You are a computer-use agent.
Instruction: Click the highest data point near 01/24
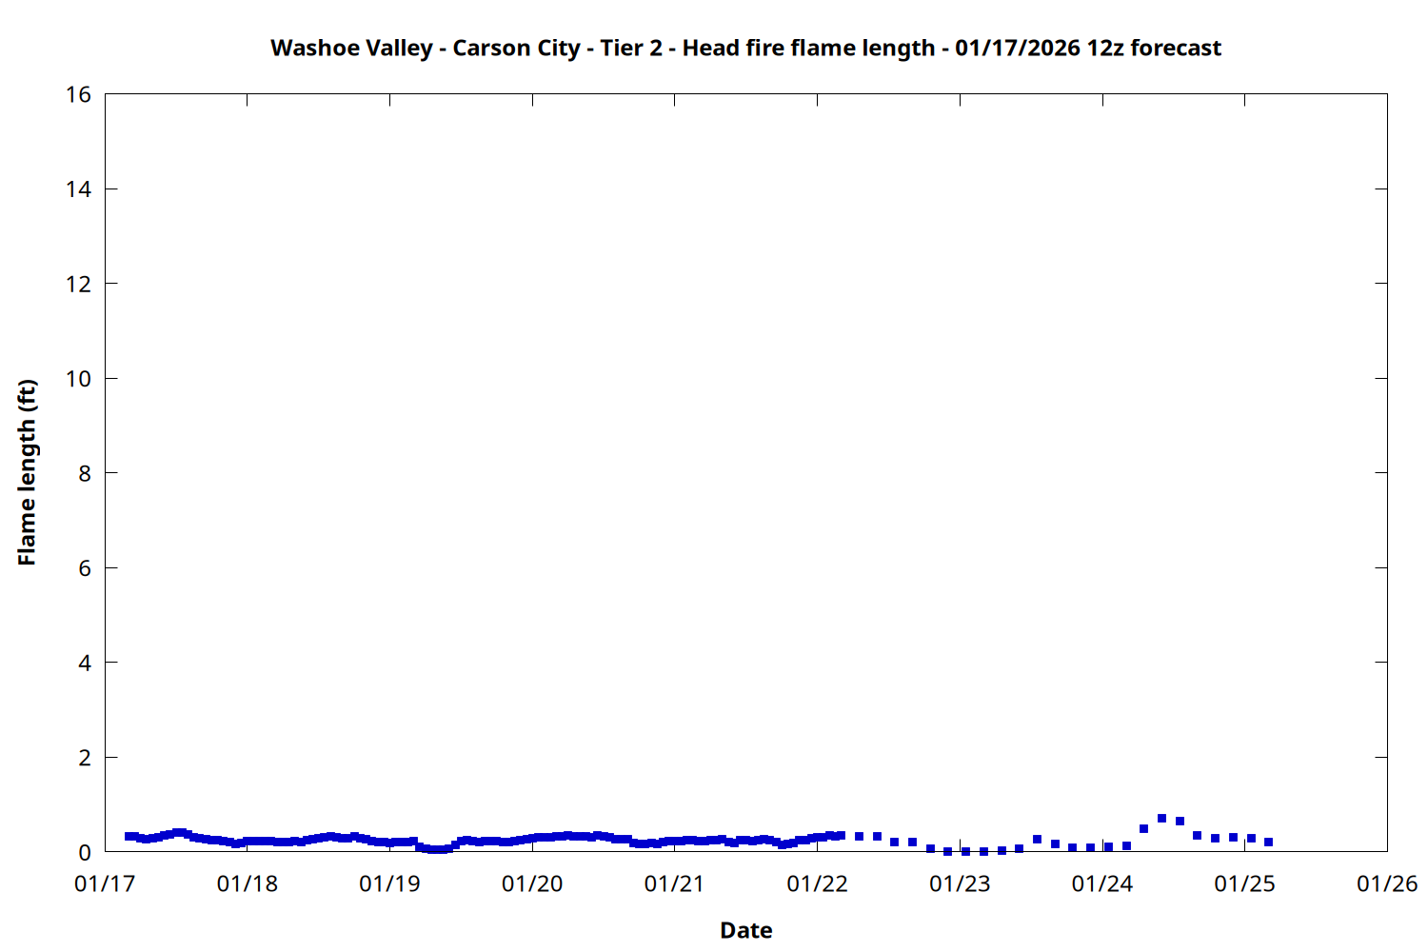[x=1161, y=819]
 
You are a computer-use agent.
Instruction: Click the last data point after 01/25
[x=1268, y=842]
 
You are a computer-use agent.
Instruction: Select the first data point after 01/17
[x=129, y=836]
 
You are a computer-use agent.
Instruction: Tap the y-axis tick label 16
[x=79, y=94]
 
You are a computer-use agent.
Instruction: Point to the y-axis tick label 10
[x=79, y=379]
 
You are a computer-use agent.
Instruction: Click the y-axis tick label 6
[x=85, y=568]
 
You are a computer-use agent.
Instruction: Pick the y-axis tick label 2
[x=85, y=758]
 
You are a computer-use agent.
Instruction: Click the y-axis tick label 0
[x=85, y=852]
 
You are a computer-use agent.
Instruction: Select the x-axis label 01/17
[x=105, y=884]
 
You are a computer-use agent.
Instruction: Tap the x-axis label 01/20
[x=532, y=884]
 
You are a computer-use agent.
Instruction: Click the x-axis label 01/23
[x=960, y=884]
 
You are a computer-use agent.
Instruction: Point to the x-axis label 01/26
[x=1387, y=884]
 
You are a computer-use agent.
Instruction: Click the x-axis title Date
[x=745, y=930]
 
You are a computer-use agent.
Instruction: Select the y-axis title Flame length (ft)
[x=27, y=472]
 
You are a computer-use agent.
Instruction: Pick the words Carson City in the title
[x=516, y=49]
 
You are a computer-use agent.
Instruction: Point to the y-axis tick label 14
[x=79, y=189]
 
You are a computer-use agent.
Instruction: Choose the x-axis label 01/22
[x=817, y=884]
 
